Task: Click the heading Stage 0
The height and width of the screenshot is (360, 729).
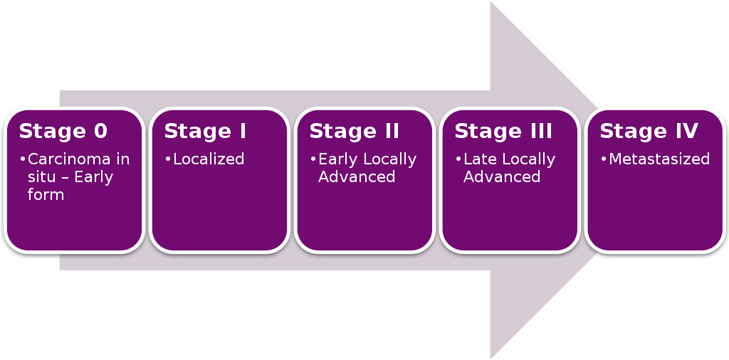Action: pos(63,132)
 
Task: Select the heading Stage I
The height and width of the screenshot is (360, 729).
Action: pos(205,132)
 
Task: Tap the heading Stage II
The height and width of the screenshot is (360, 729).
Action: pos(354,132)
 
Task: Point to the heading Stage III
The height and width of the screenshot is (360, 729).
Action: pos(503,132)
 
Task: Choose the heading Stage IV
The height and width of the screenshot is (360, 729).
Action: pos(649,132)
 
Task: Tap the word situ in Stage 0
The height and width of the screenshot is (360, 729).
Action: pos(41,177)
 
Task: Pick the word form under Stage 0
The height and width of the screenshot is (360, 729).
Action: pos(46,194)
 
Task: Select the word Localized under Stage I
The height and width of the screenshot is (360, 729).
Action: pos(209,159)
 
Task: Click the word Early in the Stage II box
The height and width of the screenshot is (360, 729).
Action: pos(338,159)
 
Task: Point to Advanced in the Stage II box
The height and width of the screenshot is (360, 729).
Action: pos(357,176)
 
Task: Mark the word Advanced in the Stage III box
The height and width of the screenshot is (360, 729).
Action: pos(502,176)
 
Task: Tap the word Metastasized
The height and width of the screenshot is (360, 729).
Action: pos(659,159)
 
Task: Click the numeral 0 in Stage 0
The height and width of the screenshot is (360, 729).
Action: pos(100,132)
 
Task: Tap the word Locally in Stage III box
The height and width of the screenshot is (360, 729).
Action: pos(528,159)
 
